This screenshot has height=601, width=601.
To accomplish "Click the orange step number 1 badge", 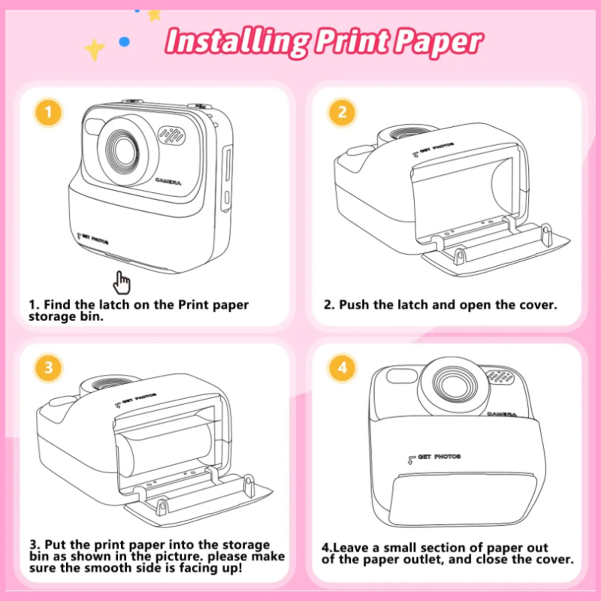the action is (48, 112).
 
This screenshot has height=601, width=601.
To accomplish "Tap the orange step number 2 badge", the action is (342, 112).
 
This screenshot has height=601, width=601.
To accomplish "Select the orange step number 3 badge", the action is (48, 368).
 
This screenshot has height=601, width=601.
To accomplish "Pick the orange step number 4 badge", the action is (342, 368).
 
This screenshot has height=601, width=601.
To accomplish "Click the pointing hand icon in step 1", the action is (121, 283).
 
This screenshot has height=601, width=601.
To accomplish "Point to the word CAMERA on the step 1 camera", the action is (168, 181).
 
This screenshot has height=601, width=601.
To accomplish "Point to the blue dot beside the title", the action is (125, 41).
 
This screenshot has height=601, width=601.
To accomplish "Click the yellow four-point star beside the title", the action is (94, 49).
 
